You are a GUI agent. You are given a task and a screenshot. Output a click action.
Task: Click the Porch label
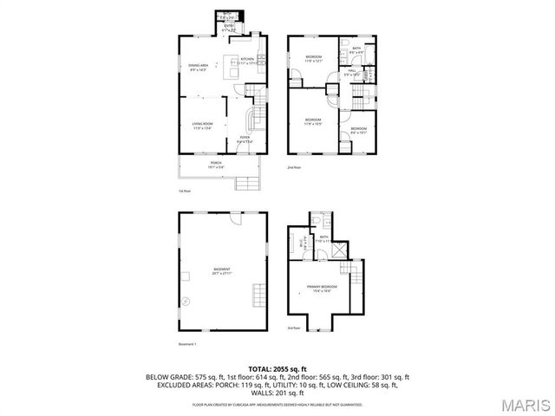click(215, 164)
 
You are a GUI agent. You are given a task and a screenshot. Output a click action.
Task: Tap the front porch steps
click(247, 182)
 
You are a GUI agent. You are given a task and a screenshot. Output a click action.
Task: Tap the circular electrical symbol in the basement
click(184, 301)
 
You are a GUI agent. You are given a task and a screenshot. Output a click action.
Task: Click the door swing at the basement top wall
click(234, 218)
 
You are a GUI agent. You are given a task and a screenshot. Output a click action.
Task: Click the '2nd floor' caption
click(295, 167)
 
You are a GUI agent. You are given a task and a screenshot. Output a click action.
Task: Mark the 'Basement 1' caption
click(188, 343)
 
